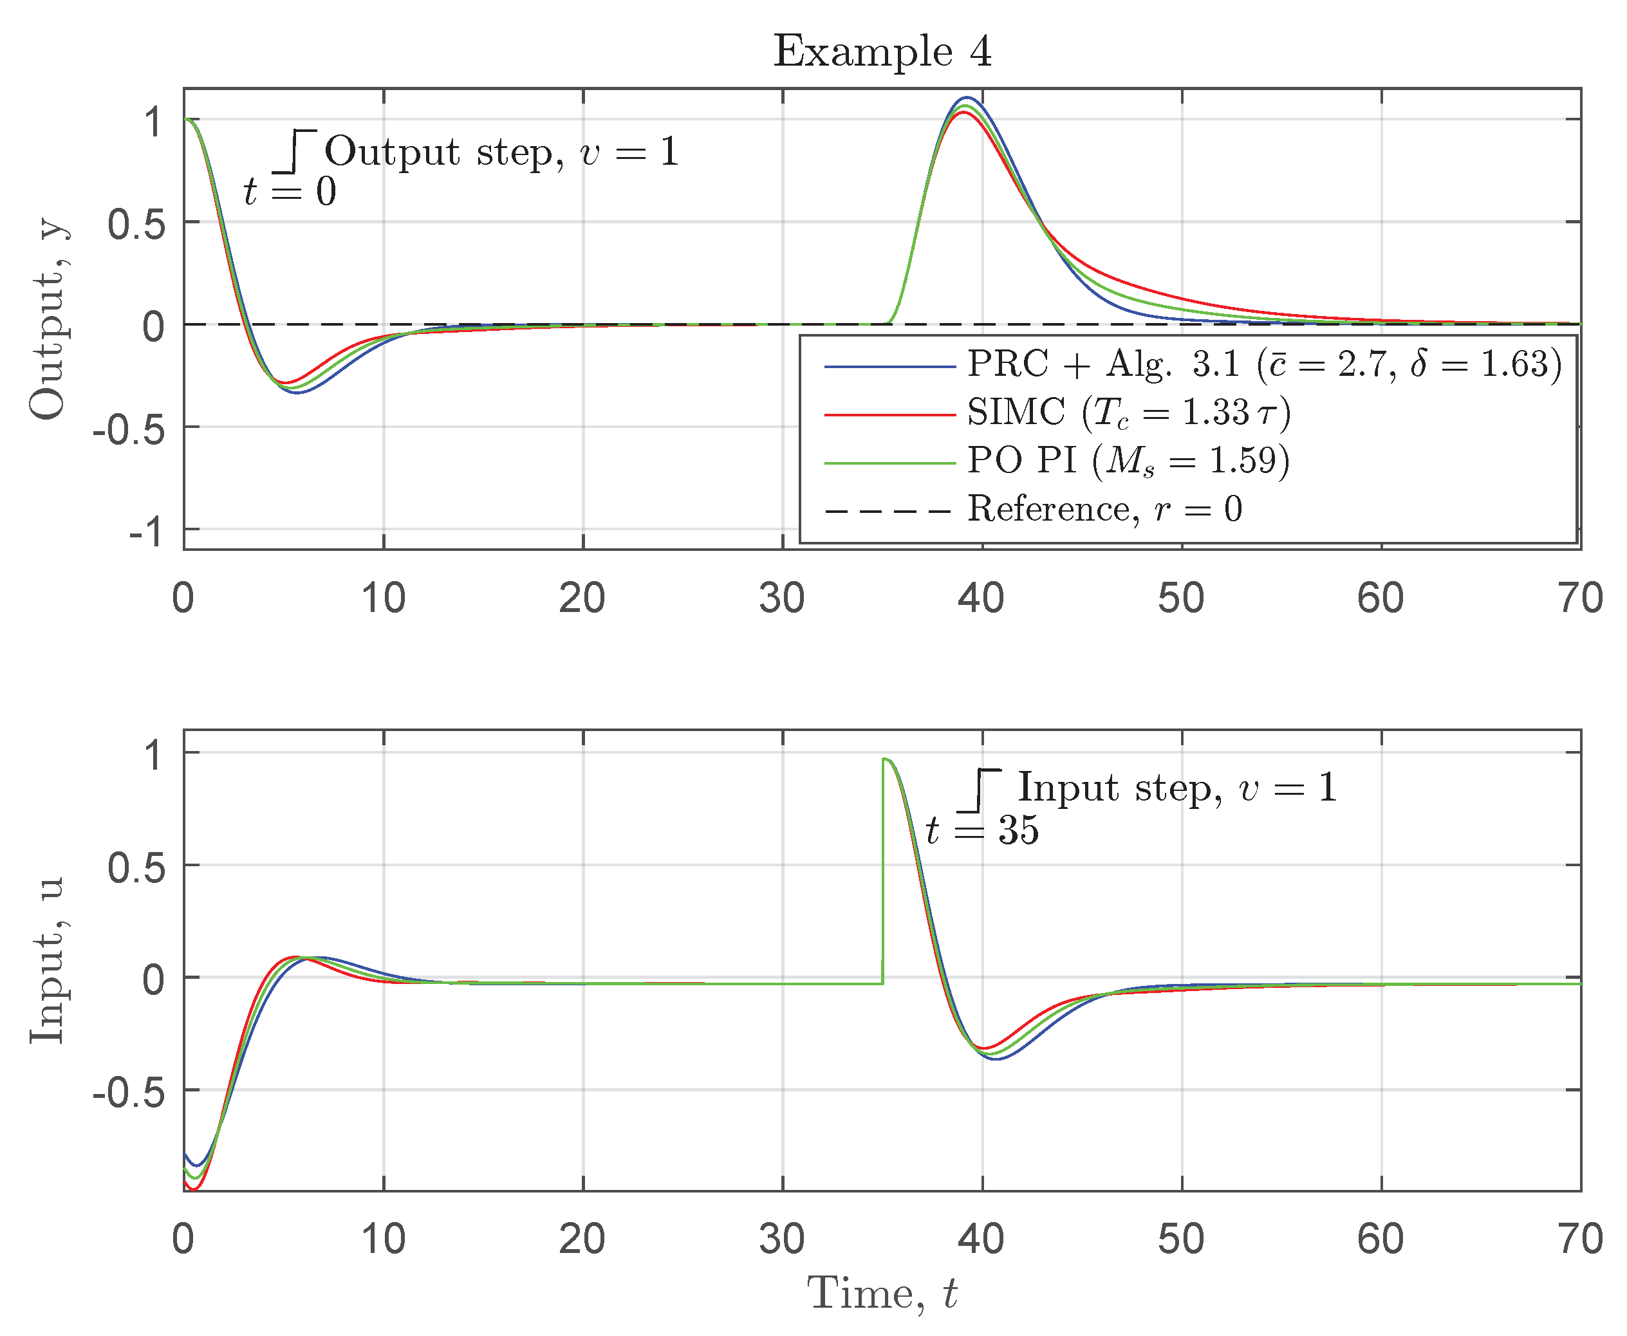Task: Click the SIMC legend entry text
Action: pyautogui.click(x=1128, y=413)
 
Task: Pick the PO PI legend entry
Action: pyautogui.click(x=1128, y=460)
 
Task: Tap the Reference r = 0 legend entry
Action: pyautogui.click(x=1104, y=508)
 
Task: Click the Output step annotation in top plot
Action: pyautogui.click(x=502, y=152)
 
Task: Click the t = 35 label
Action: pyautogui.click(x=982, y=830)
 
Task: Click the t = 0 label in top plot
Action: pyautogui.click(x=290, y=192)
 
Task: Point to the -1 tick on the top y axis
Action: pyautogui.click(x=146, y=531)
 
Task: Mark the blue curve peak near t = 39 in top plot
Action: pyautogui.click(x=967, y=98)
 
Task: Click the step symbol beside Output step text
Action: pyautogui.click(x=295, y=152)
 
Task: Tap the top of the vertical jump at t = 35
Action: pyautogui.click(x=884, y=759)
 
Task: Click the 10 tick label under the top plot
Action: pyautogui.click(x=384, y=598)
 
